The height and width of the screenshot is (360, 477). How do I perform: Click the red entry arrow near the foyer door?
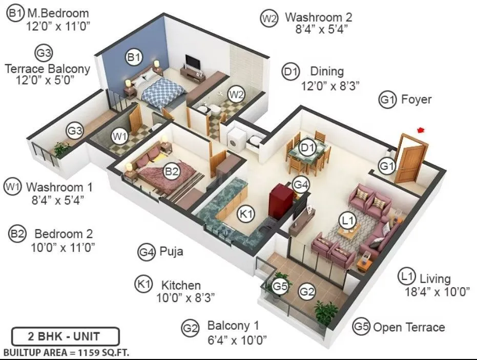pos(422,130)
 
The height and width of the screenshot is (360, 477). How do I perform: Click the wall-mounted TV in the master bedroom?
pos(193,61)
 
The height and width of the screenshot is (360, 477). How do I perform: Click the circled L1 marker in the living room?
pos(348,221)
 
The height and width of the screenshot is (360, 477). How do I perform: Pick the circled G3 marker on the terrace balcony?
pos(75,131)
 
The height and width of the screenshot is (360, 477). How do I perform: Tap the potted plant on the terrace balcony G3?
pos(61,149)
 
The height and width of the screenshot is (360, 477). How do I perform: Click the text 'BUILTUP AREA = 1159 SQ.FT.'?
pos(66,353)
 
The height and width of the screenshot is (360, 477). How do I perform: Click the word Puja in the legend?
pos(172,252)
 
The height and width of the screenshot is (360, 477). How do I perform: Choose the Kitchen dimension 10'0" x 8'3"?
pos(185,297)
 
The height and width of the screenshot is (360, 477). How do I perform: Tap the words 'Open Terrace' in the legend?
pos(408,327)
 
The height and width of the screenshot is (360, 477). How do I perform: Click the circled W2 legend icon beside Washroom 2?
pos(269,18)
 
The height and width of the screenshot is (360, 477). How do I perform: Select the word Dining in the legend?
pos(326,72)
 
